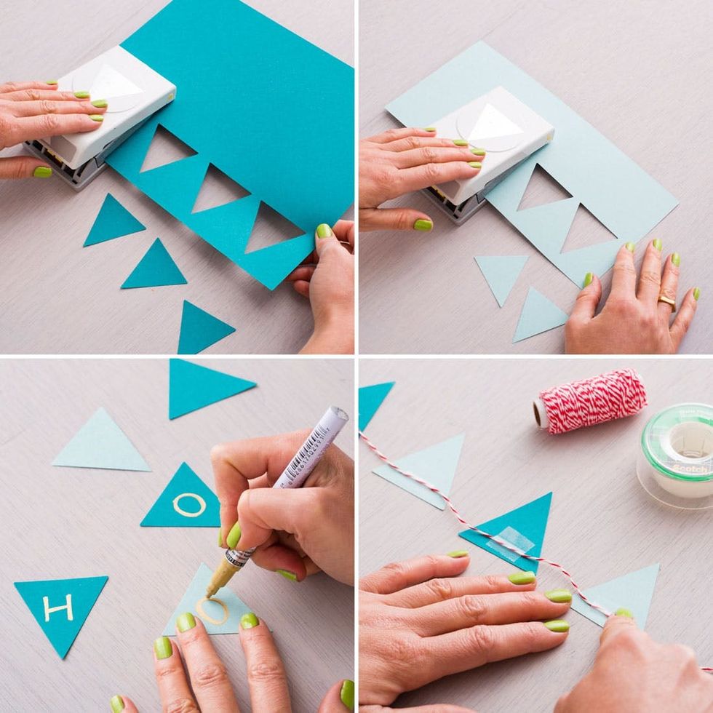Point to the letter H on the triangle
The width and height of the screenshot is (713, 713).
click(58, 607)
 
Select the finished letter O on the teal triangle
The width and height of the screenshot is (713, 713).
click(189, 504)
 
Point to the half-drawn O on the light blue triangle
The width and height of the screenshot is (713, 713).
click(212, 610)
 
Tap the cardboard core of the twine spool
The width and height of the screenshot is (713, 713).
click(541, 413)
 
